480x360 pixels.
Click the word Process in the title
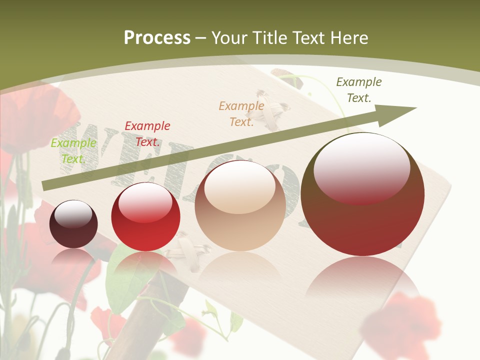[157, 38]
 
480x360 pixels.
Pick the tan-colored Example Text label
[241, 113]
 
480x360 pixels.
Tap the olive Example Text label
[359, 90]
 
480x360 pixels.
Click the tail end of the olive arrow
[46, 185]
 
